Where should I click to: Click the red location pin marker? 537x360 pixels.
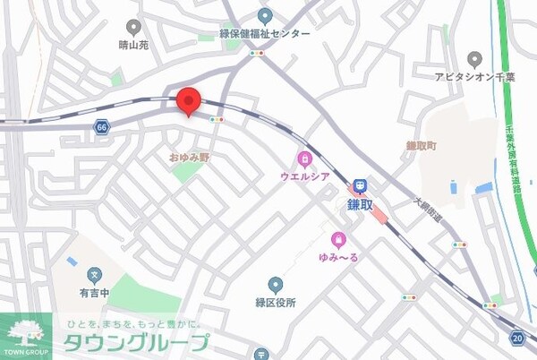[188, 101]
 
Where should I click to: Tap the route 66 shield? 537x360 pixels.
[100, 129]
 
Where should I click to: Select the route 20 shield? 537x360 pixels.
[518, 338]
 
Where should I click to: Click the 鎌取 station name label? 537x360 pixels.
[360, 205]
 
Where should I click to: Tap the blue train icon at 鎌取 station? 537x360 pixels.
[360, 186]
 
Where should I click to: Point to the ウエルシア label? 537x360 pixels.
[305, 178]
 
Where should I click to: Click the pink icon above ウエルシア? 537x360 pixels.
[305, 160]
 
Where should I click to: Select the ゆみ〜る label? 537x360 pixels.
[339, 258]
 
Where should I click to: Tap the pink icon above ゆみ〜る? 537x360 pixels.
[339, 239]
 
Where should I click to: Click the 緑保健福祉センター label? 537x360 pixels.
[265, 34]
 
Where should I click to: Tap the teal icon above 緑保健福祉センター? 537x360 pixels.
[265, 16]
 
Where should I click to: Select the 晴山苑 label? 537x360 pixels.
[133, 46]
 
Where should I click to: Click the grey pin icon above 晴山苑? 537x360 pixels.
[133, 28]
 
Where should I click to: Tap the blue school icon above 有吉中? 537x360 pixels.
[93, 274]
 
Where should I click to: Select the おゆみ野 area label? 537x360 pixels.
[189, 157]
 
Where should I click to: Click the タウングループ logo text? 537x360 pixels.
[135, 342]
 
